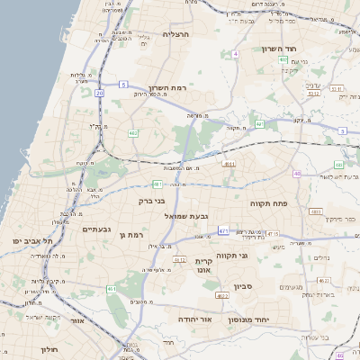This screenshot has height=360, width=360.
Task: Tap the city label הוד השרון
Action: coord(280,49)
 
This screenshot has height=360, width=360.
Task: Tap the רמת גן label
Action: coord(131,235)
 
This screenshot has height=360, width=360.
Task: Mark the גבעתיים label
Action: coord(96,229)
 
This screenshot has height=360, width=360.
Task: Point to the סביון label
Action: coord(244,286)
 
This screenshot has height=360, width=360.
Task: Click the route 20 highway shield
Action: coord(99,93)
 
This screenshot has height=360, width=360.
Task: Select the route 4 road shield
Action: coord(236,54)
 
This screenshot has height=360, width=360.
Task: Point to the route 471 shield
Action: coord(222,230)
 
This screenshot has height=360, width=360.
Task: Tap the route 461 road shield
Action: coord(111,289)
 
